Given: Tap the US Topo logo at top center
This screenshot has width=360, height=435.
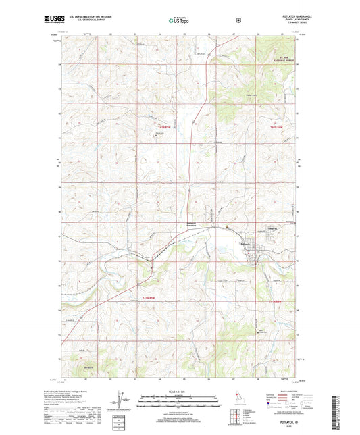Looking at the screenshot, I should pos(180,21).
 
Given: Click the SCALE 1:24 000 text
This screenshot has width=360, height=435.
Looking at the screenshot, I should pos(179,393).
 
